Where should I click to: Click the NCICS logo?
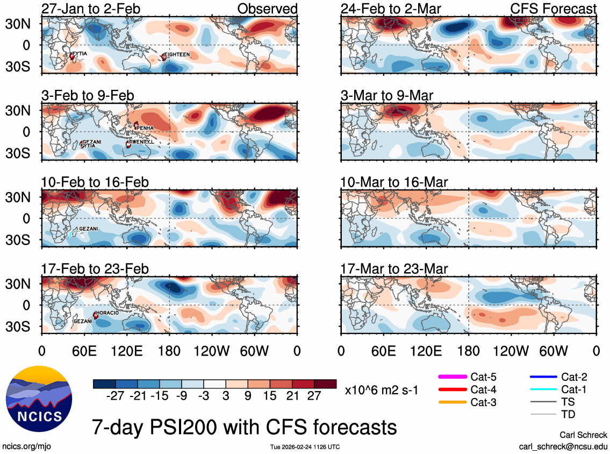pos(38,402)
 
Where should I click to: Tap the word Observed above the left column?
pos(267,9)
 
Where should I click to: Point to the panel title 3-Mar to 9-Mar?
pos(386,96)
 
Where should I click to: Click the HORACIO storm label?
pos(107,313)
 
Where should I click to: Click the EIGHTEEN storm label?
pos(177,55)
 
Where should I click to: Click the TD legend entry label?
pos(569,415)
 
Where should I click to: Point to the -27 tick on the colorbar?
pos(115,395)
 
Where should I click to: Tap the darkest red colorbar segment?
pos(325,384)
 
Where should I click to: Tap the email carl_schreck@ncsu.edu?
pos(563,446)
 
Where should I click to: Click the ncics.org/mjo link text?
pos(26,446)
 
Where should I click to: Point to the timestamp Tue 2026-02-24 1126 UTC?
pos(305,447)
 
